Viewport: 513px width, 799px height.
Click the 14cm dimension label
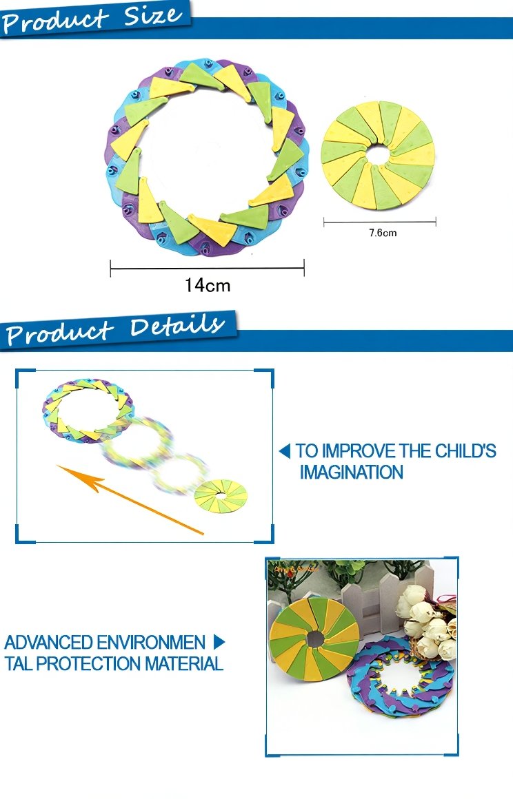(208, 285)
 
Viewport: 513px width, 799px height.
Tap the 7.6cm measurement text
(383, 233)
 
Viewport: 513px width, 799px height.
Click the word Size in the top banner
(152, 16)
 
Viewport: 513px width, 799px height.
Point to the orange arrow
(130, 499)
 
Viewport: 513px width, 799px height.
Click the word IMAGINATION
(352, 473)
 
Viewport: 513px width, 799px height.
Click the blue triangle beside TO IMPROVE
(285, 451)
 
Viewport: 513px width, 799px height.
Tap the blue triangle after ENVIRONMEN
(219, 642)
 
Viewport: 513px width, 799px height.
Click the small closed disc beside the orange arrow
(221, 496)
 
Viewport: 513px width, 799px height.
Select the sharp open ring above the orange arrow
(88, 411)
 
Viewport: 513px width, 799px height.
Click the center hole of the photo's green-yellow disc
(315, 637)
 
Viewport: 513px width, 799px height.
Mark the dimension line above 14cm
(207, 268)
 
